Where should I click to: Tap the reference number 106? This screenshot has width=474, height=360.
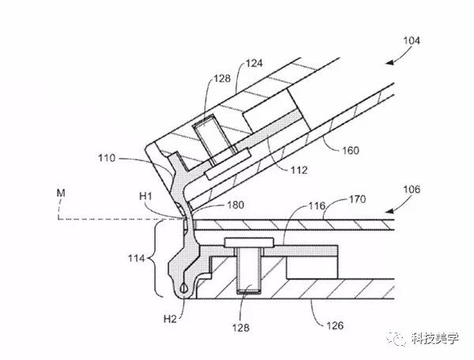click(411, 190)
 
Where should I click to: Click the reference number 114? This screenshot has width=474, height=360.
click(126, 258)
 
